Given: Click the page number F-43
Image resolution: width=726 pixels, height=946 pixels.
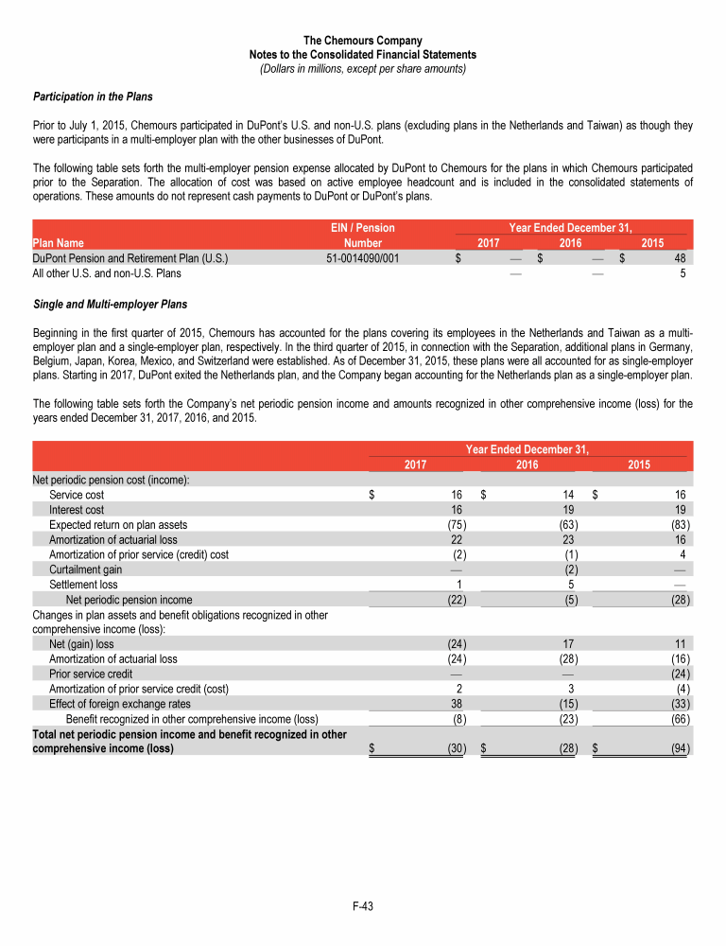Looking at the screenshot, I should point(363,906).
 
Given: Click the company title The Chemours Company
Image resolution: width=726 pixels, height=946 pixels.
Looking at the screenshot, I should point(363,40).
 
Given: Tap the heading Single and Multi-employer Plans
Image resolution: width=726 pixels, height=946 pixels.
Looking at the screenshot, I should point(110,305).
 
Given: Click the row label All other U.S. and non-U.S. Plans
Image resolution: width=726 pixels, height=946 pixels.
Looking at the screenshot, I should point(108,272).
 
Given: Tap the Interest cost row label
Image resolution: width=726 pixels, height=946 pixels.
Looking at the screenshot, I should point(78,509).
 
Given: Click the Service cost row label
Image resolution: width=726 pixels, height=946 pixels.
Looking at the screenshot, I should point(77,495).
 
